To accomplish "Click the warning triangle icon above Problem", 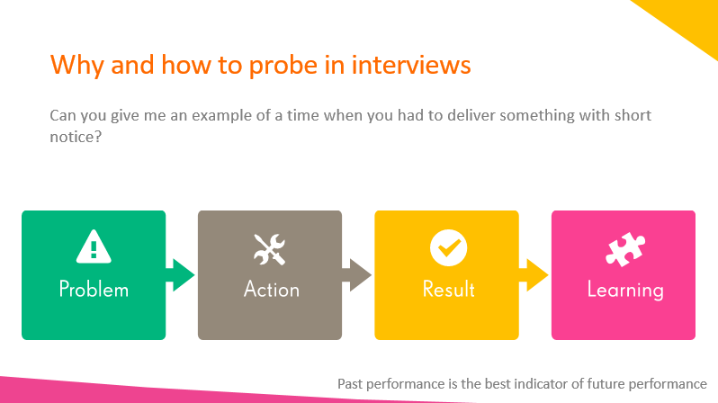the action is click(x=94, y=246).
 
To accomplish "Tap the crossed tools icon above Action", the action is click(x=270, y=249).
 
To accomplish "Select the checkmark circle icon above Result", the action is click(x=448, y=247).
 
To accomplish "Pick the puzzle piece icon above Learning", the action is click(x=625, y=249).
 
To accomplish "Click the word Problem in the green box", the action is click(x=94, y=290).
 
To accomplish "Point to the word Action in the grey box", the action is click(x=272, y=290).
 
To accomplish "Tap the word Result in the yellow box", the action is click(x=448, y=290).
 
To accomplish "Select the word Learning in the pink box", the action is click(x=625, y=291).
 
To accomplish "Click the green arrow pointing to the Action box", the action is click(x=181, y=274).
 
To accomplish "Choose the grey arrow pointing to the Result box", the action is click(x=356, y=274).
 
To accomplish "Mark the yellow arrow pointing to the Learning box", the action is click(x=534, y=274).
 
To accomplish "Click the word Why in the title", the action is click(x=77, y=66).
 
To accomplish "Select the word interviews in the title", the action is click(x=411, y=65).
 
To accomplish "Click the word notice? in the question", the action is click(x=76, y=137).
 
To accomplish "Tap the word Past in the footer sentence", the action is click(x=349, y=384).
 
